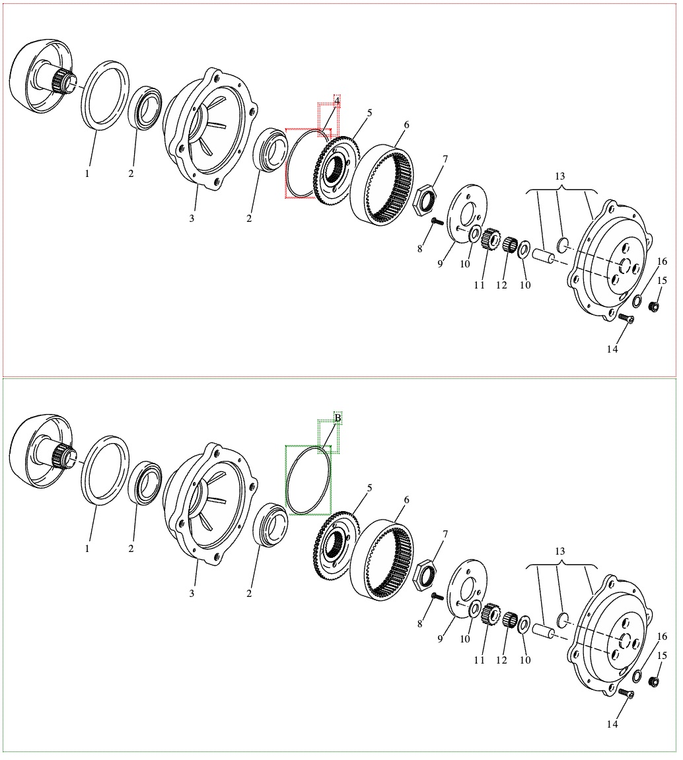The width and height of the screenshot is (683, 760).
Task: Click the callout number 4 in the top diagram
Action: coord(337,101)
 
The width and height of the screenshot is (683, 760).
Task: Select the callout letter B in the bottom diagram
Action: coord(338,418)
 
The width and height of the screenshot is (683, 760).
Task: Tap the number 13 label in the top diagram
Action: coord(560,176)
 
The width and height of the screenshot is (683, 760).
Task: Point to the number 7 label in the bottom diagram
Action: coord(445,534)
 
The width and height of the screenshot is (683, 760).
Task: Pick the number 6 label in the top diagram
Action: coord(406,125)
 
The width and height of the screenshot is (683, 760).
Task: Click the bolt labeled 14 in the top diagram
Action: coord(627,320)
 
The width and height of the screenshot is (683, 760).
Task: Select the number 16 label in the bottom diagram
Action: coord(663,637)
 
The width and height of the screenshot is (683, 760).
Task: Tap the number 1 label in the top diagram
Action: coord(87,174)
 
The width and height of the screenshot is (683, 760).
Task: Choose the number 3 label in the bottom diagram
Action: coord(192,594)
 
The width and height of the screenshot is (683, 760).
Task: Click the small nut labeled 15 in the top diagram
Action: coord(654,306)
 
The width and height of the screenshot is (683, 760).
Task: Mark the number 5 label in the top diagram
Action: coord(369,113)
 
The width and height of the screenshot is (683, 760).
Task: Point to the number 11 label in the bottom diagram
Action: coord(479,660)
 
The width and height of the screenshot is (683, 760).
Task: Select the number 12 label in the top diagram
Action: coord(501,285)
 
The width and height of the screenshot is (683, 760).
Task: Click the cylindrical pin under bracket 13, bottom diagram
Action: coord(542,630)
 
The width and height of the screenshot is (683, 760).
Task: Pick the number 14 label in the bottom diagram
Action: coord(612,724)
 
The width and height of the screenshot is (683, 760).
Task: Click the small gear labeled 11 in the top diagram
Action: coord(489,238)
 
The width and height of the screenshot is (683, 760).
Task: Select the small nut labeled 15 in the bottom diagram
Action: coord(654,681)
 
